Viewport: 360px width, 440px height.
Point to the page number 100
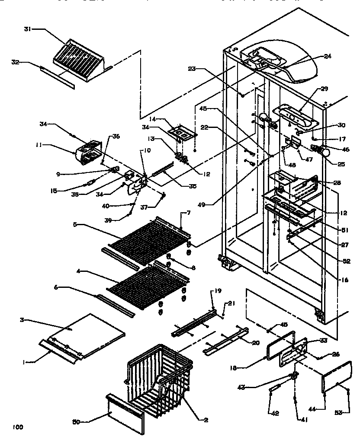[x=17, y=427]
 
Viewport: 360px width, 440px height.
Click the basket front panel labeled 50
[x=125, y=411]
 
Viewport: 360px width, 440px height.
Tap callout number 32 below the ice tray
[x=15, y=62]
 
